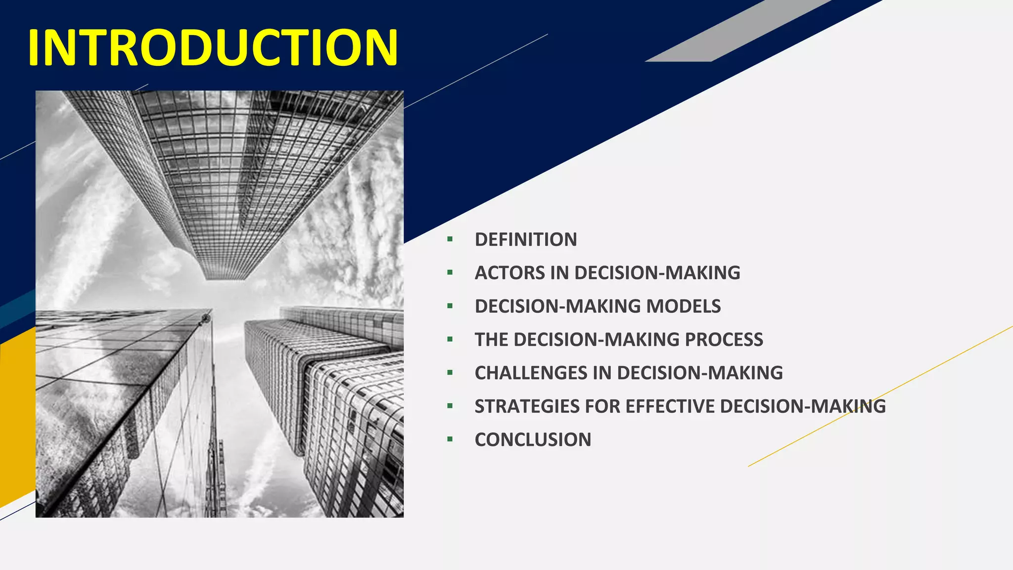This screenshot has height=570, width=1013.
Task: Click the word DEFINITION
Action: coord(526,239)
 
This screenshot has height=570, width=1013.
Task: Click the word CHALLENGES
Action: coord(531,373)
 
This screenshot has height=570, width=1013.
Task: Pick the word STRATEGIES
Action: coord(527,406)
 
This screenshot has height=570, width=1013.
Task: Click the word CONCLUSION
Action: coord(533,440)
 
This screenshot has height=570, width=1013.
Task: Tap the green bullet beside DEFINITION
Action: coord(450,239)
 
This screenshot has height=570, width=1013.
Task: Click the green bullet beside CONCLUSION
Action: coord(450,439)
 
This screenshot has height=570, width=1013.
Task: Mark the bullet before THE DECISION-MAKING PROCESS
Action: coord(450,339)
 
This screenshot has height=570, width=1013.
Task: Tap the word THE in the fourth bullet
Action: coord(491,339)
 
